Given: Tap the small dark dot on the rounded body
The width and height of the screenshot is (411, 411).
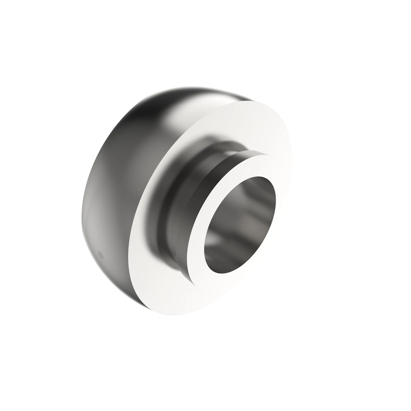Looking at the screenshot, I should pos(100,254).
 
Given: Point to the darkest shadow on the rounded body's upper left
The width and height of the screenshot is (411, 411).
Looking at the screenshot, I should pos(123,130).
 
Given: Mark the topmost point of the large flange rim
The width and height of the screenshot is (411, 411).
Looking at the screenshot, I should pos(253,101).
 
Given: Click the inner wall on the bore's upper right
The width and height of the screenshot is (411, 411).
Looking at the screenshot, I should pos(264,195).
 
